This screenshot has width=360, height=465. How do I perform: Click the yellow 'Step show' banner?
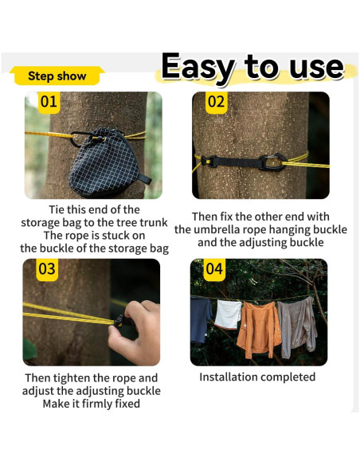coord(57,76)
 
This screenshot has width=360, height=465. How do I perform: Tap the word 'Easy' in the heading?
coord(198,68)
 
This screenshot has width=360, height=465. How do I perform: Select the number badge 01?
coord(49,102)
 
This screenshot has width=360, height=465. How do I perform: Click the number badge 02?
coord(217,102)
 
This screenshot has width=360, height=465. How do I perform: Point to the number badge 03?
coord(47,270)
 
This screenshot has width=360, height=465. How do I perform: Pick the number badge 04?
coord(214,270)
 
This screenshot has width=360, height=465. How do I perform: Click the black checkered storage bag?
coord(106,162)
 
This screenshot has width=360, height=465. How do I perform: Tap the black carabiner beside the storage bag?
coord(78,138)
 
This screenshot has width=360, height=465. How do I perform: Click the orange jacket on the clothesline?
coord(259,328)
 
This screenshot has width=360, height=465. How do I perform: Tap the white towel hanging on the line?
coord(228,314)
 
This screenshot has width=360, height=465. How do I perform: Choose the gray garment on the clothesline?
coord(297,326)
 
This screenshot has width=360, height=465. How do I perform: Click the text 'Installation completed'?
coord(257,377)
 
